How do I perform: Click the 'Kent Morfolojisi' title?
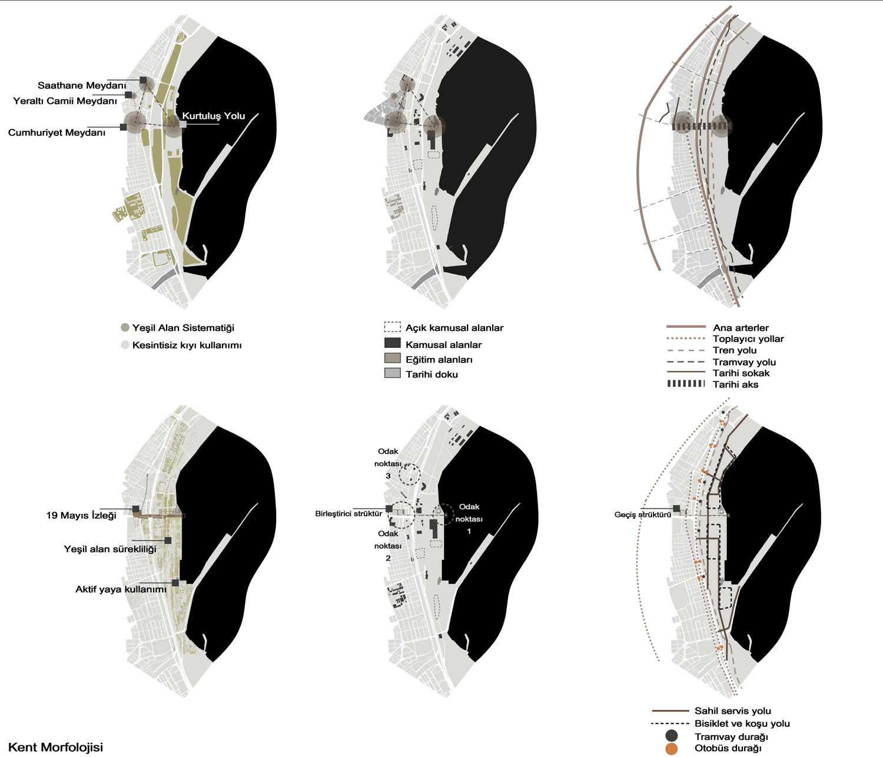pyautogui.click(x=56, y=747)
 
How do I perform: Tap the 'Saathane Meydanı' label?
pyautogui.click(x=82, y=86)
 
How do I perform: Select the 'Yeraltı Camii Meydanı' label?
pyautogui.click(x=65, y=101)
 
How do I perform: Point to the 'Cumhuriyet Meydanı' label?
pyautogui.click(x=57, y=133)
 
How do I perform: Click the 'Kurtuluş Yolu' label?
pyautogui.click(x=213, y=116)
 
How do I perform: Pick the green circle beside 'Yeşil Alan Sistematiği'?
pyautogui.click(x=125, y=327)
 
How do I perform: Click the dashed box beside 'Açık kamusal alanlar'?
pyautogui.click(x=392, y=327)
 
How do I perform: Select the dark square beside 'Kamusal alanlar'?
pyautogui.click(x=392, y=343)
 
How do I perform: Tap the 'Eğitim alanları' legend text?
pyautogui.click(x=439, y=360)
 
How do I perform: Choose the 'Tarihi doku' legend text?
pyautogui.click(x=431, y=374)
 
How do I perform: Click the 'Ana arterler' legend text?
pyautogui.click(x=741, y=328)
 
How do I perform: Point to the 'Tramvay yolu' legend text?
pyautogui.click(x=744, y=362)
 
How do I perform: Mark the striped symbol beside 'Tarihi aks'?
pyautogui.click(x=686, y=384)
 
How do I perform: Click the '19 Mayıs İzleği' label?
pyautogui.click(x=81, y=516)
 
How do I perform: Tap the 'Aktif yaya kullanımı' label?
pyautogui.click(x=121, y=589)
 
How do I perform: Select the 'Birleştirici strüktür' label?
pyautogui.click(x=348, y=513)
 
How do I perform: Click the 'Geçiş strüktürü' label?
pyautogui.click(x=642, y=514)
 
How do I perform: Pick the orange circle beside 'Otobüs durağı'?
pyautogui.click(x=671, y=748)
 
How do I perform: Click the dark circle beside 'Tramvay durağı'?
pyautogui.click(x=671, y=736)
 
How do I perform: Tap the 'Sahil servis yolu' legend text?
pyautogui.click(x=732, y=711)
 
